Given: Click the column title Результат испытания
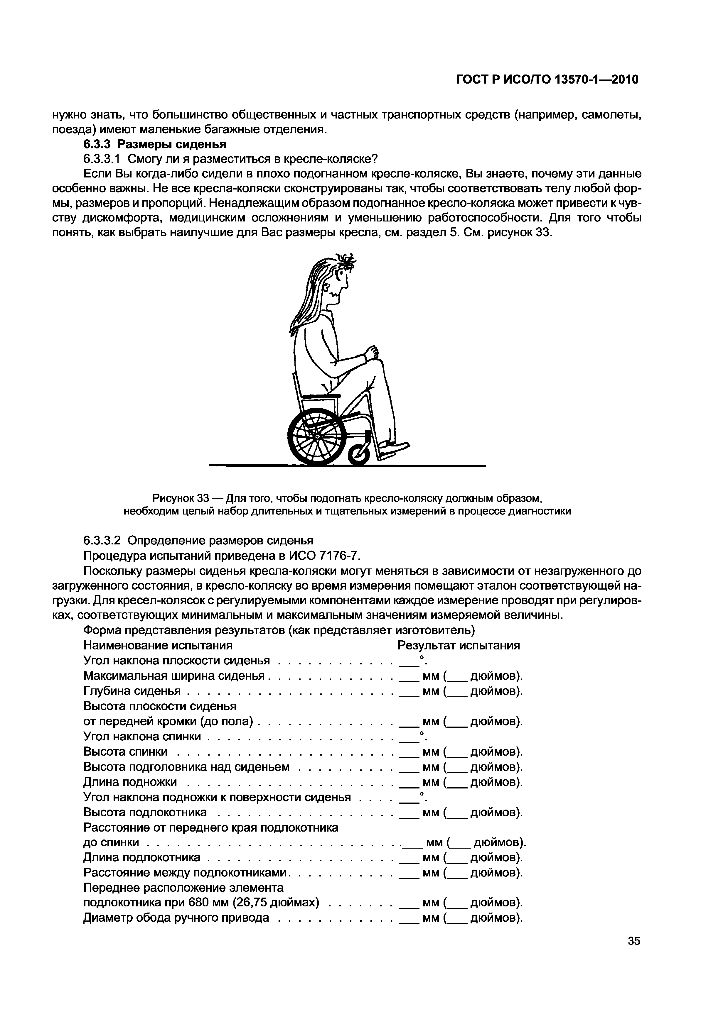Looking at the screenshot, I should [459, 645].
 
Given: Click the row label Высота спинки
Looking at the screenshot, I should [126, 752].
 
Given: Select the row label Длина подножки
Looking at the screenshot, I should [130, 782].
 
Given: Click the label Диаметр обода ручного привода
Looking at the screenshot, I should [176, 918].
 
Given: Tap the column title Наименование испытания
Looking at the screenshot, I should [158, 645].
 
